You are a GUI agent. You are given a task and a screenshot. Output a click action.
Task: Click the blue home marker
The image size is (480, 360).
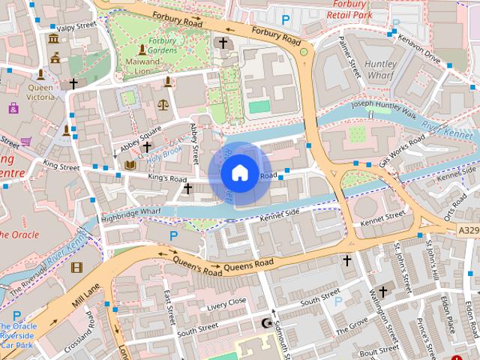[x=239, y=172]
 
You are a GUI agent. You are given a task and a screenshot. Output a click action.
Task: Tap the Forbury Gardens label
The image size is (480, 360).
[x=162, y=45]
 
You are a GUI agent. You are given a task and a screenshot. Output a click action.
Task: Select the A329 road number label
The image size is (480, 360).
[x=467, y=231]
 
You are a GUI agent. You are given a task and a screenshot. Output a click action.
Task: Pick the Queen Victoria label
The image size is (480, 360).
[x=40, y=91]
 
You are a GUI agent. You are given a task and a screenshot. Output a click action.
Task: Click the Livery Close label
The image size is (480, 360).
[x=226, y=303]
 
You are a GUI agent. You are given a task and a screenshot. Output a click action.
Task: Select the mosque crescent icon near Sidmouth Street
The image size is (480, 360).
[x=265, y=323]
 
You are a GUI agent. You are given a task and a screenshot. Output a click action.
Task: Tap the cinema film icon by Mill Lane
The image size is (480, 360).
[x=76, y=267]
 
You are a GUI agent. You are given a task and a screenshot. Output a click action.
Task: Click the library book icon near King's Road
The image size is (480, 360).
[x=130, y=164]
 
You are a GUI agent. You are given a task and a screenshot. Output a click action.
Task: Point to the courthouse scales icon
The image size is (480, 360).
[x=164, y=106]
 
